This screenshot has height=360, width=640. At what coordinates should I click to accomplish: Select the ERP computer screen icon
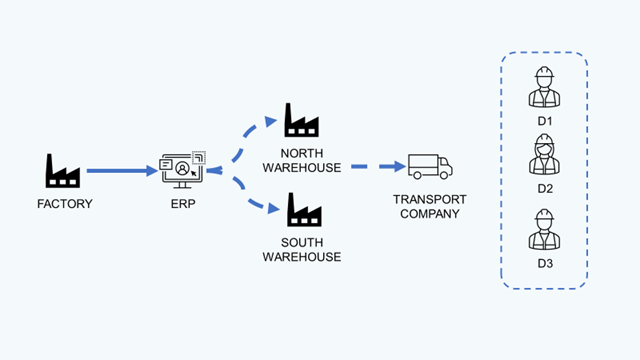[184, 170]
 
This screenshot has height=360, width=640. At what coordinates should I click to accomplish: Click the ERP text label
[183, 205]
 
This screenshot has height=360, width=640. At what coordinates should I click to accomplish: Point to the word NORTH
[301, 152]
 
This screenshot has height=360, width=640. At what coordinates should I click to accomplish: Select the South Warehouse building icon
[301, 209]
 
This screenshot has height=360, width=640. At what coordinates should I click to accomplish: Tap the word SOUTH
[301, 242]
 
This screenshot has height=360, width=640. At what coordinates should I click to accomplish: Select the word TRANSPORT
[430, 198]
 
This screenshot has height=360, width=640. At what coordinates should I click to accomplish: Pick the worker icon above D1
[545, 87]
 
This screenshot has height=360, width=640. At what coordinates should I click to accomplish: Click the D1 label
[545, 121]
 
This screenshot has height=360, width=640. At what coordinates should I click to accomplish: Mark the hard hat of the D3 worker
[545, 217]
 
